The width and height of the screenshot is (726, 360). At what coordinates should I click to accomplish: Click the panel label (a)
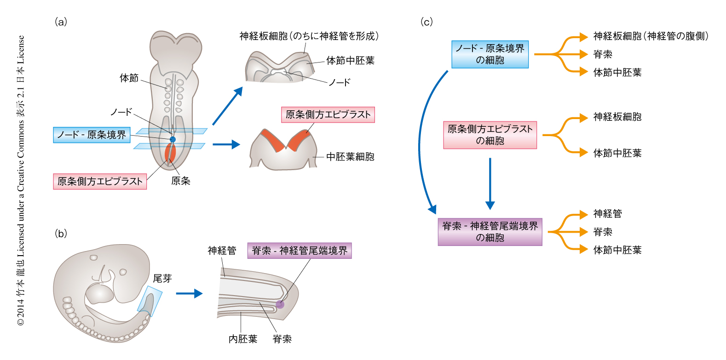[61, 22]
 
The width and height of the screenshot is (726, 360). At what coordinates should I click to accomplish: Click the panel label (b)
[61, 234]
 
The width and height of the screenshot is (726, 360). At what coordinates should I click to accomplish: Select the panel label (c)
[426, 22]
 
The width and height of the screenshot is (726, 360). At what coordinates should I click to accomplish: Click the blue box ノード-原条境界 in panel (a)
[92, 135]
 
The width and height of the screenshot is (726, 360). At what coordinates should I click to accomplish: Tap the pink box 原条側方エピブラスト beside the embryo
[100, 181]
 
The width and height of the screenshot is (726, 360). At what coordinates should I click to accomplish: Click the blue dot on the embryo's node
[173, 139]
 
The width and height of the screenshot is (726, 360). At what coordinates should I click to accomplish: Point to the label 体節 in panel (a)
[129, 78]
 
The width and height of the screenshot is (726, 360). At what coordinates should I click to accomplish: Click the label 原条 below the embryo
[180, 181]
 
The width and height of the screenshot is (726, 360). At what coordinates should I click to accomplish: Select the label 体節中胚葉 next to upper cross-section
[350, 60]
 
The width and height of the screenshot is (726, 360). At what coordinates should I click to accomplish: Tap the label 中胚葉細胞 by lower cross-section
[350, 157]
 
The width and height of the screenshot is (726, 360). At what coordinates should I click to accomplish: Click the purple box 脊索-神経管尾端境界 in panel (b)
[300, 251]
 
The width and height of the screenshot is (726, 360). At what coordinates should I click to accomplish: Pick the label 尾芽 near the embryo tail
[162, 278]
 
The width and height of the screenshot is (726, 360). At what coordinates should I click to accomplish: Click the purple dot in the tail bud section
[280, 304]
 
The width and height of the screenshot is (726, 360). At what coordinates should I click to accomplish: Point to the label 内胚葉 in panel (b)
[243, 339]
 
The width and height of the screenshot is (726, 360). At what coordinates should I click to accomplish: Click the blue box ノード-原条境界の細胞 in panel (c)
[490, 54]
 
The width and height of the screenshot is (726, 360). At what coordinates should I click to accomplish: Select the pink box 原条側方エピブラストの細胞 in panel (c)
[490, 135]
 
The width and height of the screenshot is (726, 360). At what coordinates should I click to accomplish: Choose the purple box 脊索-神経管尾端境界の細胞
[490, 232]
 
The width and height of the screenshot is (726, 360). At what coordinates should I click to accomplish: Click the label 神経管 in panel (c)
[607, 214]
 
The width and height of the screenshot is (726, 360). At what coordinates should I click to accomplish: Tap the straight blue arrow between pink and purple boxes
[490, 183]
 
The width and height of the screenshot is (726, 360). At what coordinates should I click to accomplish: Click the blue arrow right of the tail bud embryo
[189, 294]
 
